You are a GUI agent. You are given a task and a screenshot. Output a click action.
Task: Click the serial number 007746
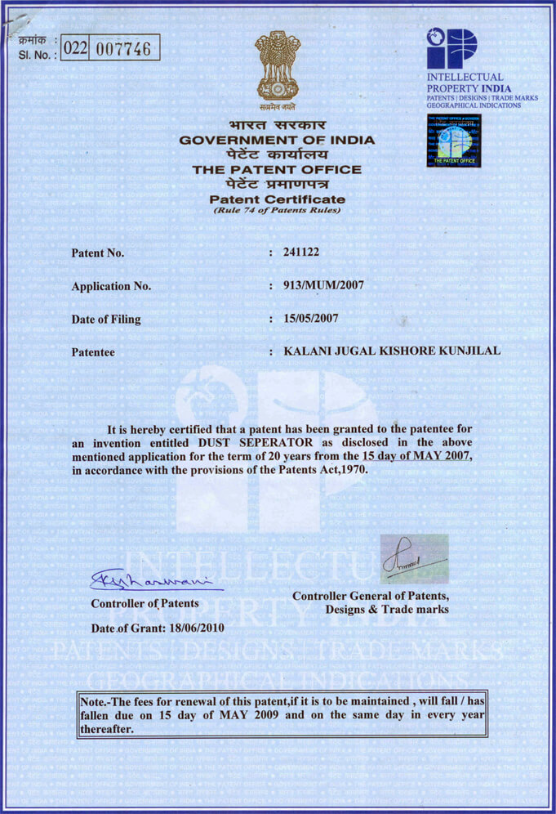[x=124, y=48]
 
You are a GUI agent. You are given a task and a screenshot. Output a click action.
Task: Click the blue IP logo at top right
[x=451, y=48]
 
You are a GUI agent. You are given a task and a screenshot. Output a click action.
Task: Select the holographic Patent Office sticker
[x=454, y=141]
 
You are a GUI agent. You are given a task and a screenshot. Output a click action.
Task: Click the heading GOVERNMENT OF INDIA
[x=277, y=140]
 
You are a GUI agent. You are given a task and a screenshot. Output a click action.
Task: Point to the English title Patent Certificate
[x=277, y=199]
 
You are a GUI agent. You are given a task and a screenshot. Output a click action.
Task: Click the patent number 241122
[x=300, y=253]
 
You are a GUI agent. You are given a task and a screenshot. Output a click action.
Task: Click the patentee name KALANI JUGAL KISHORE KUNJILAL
[x=385, y=352]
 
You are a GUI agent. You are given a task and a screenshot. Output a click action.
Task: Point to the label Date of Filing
[x=106, y=320]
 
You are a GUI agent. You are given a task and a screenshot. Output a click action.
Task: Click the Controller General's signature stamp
[x=414, y=558]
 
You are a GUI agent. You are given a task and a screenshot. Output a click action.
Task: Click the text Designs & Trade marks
[x=387, y=609]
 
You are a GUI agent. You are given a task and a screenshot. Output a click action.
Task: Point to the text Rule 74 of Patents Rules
[x=277, y=211]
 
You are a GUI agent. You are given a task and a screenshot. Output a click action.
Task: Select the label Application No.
[x=112, y=286]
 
